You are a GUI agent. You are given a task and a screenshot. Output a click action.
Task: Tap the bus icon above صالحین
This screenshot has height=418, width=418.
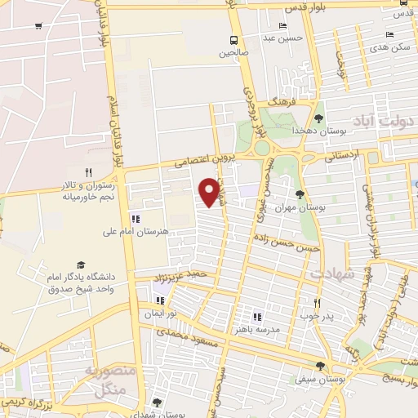[234, 39]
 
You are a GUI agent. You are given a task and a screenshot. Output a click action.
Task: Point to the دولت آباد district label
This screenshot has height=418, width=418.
[390, 120]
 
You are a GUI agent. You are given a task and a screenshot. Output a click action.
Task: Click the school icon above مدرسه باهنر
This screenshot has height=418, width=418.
[257, 316]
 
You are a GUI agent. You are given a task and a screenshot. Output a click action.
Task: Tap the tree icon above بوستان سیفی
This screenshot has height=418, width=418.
[320, 366]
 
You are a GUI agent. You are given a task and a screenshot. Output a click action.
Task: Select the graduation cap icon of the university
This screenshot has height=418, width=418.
[81, 265]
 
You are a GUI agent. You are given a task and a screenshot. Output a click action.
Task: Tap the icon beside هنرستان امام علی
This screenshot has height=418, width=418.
[136, 218]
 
